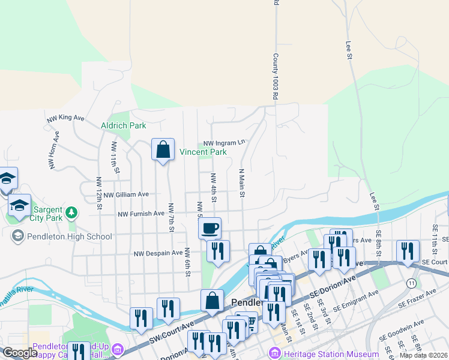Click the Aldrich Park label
124,125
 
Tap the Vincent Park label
203,152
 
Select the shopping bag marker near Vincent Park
163,150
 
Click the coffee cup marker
209,229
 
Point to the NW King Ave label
66,118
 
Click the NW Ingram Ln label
224,143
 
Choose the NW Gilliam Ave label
125,194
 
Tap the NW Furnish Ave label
141,214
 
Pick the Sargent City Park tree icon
71,211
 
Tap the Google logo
20,353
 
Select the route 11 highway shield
411,282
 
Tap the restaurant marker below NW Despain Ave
218,251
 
